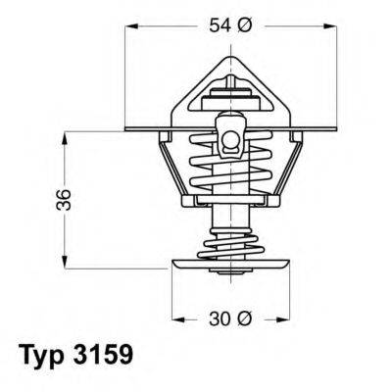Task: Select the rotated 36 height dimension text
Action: (36, 199)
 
